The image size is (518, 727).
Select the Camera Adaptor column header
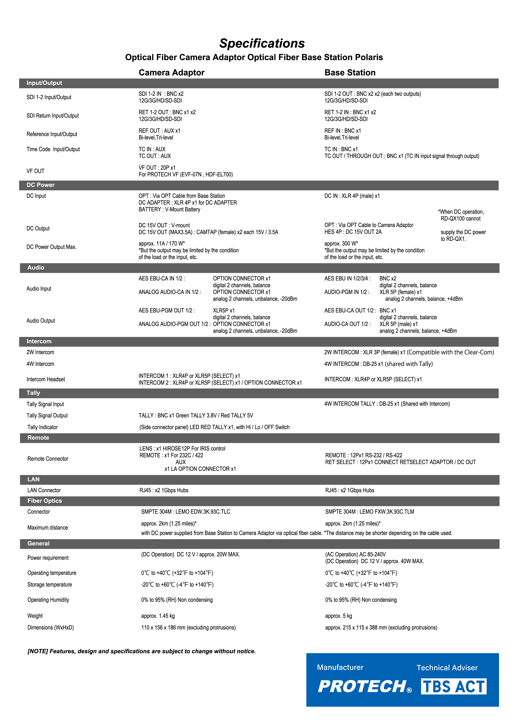click(171, 73)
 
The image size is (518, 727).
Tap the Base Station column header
click(350, 73)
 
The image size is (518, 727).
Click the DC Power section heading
click(41, 185)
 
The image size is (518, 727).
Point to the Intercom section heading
click(39, 341)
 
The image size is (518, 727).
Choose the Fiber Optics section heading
click(45, 501)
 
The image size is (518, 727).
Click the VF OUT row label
click(35, 171)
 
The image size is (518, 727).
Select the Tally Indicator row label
click(42, 427)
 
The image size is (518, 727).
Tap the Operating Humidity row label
click(48, 600)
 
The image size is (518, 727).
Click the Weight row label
click(35, 616)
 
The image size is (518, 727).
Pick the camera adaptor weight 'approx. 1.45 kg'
click(158, 616)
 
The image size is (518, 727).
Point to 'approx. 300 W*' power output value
click(341, 244)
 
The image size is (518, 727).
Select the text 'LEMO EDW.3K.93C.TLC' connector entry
click(203, 511)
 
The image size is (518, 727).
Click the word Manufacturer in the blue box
click(340, 667)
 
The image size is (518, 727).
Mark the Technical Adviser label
click(447, 668)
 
